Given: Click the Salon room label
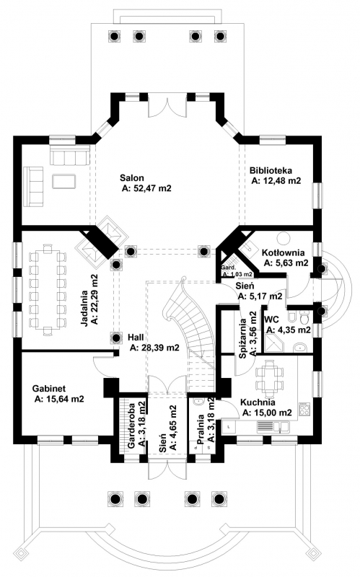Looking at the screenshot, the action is [x=132, y=178].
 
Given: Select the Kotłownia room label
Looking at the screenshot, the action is [x=283, y=253].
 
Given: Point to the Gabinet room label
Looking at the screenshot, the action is [x=49, y=389].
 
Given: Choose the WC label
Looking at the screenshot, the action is [x=271, y=319].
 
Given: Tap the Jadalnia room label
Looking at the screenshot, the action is [x=84, y=309].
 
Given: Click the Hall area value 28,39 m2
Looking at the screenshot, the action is [x=154, y=348].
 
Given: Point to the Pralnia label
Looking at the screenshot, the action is [x=201, y=430].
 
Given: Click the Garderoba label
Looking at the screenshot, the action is [x=132, y=424].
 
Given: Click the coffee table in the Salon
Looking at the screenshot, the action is [x=64, y=181].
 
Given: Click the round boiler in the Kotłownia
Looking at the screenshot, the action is [x=284, y=238].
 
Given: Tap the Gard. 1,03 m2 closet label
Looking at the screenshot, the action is [x=237, y=271].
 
